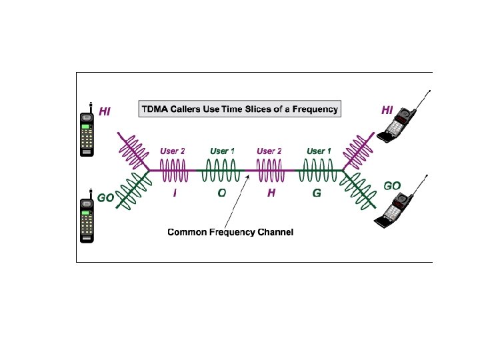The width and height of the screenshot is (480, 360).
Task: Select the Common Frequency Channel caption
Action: click(x=230, y=232)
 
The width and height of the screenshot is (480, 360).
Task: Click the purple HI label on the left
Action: click(x=105, y=112)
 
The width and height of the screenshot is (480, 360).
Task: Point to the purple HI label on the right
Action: click(x=387, y=110)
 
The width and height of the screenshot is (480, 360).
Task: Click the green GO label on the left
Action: click(x=106, y=198)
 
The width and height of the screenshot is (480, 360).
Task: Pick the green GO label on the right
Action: click(x=392, y=185)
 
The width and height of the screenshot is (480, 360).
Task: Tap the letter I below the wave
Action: click(x=175, y=193)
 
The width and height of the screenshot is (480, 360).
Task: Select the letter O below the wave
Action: click(x=222, y=193)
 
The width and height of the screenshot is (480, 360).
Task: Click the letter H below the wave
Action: click(x=271, y=193)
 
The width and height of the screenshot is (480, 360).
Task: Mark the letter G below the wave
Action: click(x=317, y=193)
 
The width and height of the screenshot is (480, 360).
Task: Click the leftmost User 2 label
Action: click(x=173, y=151)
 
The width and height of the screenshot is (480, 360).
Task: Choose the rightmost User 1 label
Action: click(x=319, y=151)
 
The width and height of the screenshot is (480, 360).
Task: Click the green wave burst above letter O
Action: click(x=222, y=171)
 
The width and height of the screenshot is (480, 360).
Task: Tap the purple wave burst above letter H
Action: click(x=271, y=171)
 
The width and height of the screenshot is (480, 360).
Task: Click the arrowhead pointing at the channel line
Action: click(x=248, y=176)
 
